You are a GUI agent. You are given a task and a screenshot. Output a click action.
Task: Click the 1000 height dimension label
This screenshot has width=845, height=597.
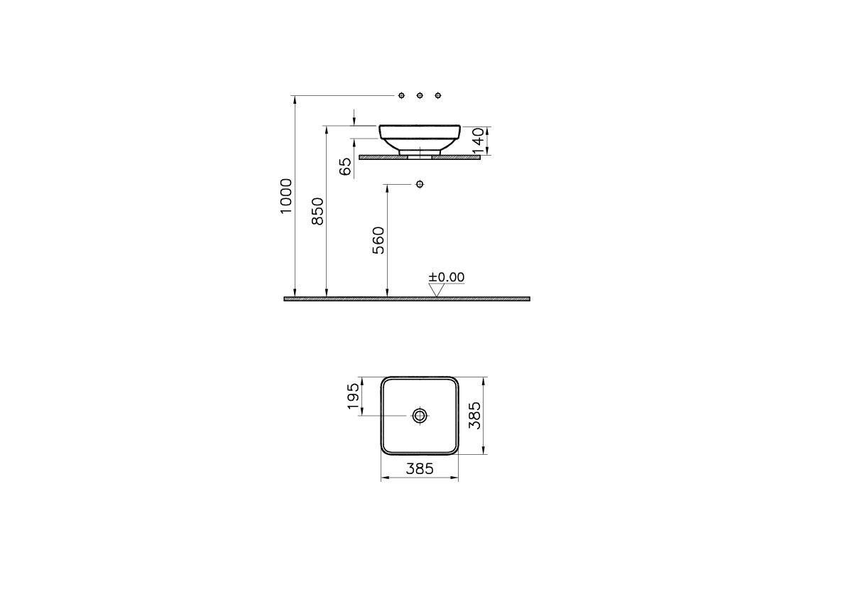coord(286,196)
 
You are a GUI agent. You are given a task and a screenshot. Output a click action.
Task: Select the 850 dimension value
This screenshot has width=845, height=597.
coord(318,212)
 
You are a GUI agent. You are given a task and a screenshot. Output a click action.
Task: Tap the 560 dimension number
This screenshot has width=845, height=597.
coord(378,240)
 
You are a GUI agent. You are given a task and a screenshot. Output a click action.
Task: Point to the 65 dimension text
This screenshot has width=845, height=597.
coord(345,166)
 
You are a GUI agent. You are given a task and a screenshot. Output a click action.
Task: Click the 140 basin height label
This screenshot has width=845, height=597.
coord(478,140)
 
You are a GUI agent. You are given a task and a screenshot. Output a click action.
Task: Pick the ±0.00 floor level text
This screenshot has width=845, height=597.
coord(446,277)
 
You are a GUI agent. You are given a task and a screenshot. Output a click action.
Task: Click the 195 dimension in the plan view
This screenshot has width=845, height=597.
coord(353,397)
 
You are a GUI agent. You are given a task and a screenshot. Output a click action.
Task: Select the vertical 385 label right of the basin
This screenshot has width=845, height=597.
coord(476,415)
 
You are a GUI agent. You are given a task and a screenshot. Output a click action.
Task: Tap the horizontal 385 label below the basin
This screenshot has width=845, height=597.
coord(419,468)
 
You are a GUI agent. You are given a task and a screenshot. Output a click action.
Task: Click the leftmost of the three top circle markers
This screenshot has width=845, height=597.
coord(402,95)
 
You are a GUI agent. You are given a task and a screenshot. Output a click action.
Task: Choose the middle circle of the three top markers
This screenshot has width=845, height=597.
coord(420,95)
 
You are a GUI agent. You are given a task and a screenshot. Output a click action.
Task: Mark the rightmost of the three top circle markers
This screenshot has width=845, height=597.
coord(437,95)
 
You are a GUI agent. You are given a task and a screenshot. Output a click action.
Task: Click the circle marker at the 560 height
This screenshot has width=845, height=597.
coord(420,185)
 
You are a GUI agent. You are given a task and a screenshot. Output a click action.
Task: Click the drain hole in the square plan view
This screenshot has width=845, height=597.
coord(420,415)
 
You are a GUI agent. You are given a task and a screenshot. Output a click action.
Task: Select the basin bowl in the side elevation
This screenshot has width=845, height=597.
coord(420,136)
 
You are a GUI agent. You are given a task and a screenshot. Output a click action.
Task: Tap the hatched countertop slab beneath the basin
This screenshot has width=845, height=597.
coord(454,158)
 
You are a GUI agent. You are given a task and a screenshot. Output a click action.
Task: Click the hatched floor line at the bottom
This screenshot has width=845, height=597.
coord(407,299)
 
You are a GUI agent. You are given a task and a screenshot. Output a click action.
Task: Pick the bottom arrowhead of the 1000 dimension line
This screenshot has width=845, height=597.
coord(295,293)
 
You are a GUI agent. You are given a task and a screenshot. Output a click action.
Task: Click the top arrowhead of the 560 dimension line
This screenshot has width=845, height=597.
coord(387,189)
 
